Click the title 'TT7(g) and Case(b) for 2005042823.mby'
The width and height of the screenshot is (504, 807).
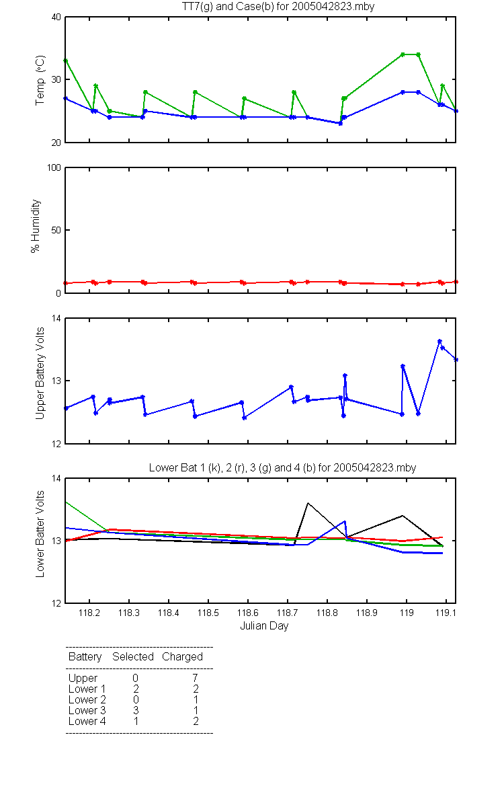[x=278, y=7]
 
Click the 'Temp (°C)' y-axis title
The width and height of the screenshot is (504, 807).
[x=40, y=80]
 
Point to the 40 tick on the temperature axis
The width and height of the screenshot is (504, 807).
[x=56, y=17]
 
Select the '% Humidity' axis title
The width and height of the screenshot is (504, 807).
[x=35, y=226]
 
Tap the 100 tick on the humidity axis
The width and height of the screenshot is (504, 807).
[x=54, y=167]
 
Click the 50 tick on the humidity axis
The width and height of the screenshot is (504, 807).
[x=56, y=230]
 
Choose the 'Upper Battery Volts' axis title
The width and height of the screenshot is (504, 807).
[x=40, y=373]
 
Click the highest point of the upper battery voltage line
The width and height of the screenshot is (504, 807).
[x=439, y=341]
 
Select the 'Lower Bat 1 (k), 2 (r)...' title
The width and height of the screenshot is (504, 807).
[x=283, y=467]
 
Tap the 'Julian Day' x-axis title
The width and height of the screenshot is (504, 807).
[x=264, y=626]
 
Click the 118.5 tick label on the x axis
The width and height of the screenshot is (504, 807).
[x=208, y=613]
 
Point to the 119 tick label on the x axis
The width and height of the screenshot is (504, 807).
[x=407, y=613]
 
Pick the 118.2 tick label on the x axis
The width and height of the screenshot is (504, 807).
[x=89, y=613]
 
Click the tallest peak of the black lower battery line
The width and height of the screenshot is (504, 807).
[x=308, y=503]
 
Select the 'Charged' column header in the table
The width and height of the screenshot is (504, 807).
[x=182, y=656]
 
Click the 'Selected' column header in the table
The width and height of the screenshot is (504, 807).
[x=133, y=656]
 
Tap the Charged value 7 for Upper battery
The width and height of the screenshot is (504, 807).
[x=196, y=678]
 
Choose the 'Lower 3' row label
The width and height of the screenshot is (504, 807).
[x=87, y=710]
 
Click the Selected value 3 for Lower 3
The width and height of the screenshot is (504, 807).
[x=136, y=710]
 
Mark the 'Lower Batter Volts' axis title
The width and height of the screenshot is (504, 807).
[x=40, y=534]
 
